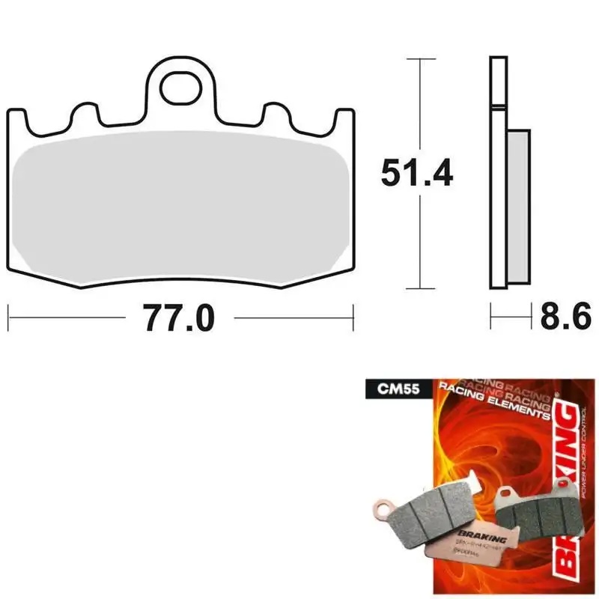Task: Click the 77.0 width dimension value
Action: point(179,318)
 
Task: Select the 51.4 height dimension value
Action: point(417,174)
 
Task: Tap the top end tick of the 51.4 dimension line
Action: point(421,58)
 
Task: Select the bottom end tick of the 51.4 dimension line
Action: point(421,289)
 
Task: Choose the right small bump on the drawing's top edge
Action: point(277,116)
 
